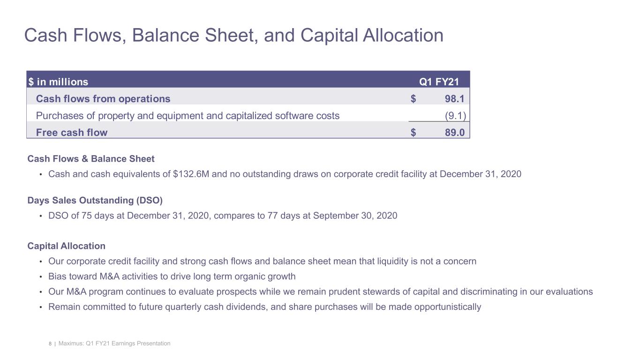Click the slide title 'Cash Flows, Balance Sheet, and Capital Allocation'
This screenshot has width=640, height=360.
pyautogui.click(x=233, y=36)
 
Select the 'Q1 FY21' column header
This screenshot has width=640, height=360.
pyautogui.click(x=438, y=82)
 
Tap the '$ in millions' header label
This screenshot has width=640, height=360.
pyautogui.click(x=58, y=82)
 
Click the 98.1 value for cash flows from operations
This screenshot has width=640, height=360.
pyautogui.click(x=454, y=99)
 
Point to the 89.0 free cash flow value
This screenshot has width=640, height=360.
pyautogui.click(x=454, y=133)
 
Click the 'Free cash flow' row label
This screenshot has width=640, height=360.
pyautogui.click(x=72, y=133)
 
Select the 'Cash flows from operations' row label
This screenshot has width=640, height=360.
pyautogui.click(x=103, y=99)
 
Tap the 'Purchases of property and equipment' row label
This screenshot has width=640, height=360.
pyautogui.click(x=188, y=116)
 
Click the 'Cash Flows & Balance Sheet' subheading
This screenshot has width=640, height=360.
pyautogui.click(x=91, y=159)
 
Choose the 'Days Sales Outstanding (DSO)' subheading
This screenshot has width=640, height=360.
pyautogui.click(x=95, y=201)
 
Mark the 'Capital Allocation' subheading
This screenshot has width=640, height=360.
pyautogui.click(x=67, y=246)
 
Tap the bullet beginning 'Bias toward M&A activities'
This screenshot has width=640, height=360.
pyautogui.click(x=172, y=277)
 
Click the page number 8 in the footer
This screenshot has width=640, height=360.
pyautogui.click(x=50, y=344)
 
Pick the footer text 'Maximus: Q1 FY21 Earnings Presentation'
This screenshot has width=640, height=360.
pyautogui.click(x=114, y=344)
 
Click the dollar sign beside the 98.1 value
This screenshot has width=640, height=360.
pyautogui.click(x=413, y=99)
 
